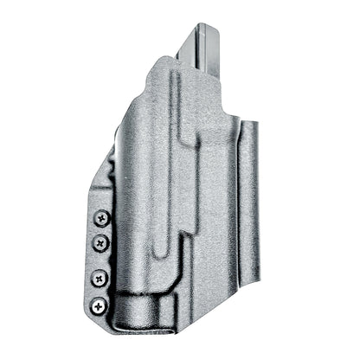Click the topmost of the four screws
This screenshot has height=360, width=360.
(x=103, y=218)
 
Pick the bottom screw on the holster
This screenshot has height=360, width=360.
(x=100, y=304)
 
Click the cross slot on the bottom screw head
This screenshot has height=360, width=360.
(x=100, y=304)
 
